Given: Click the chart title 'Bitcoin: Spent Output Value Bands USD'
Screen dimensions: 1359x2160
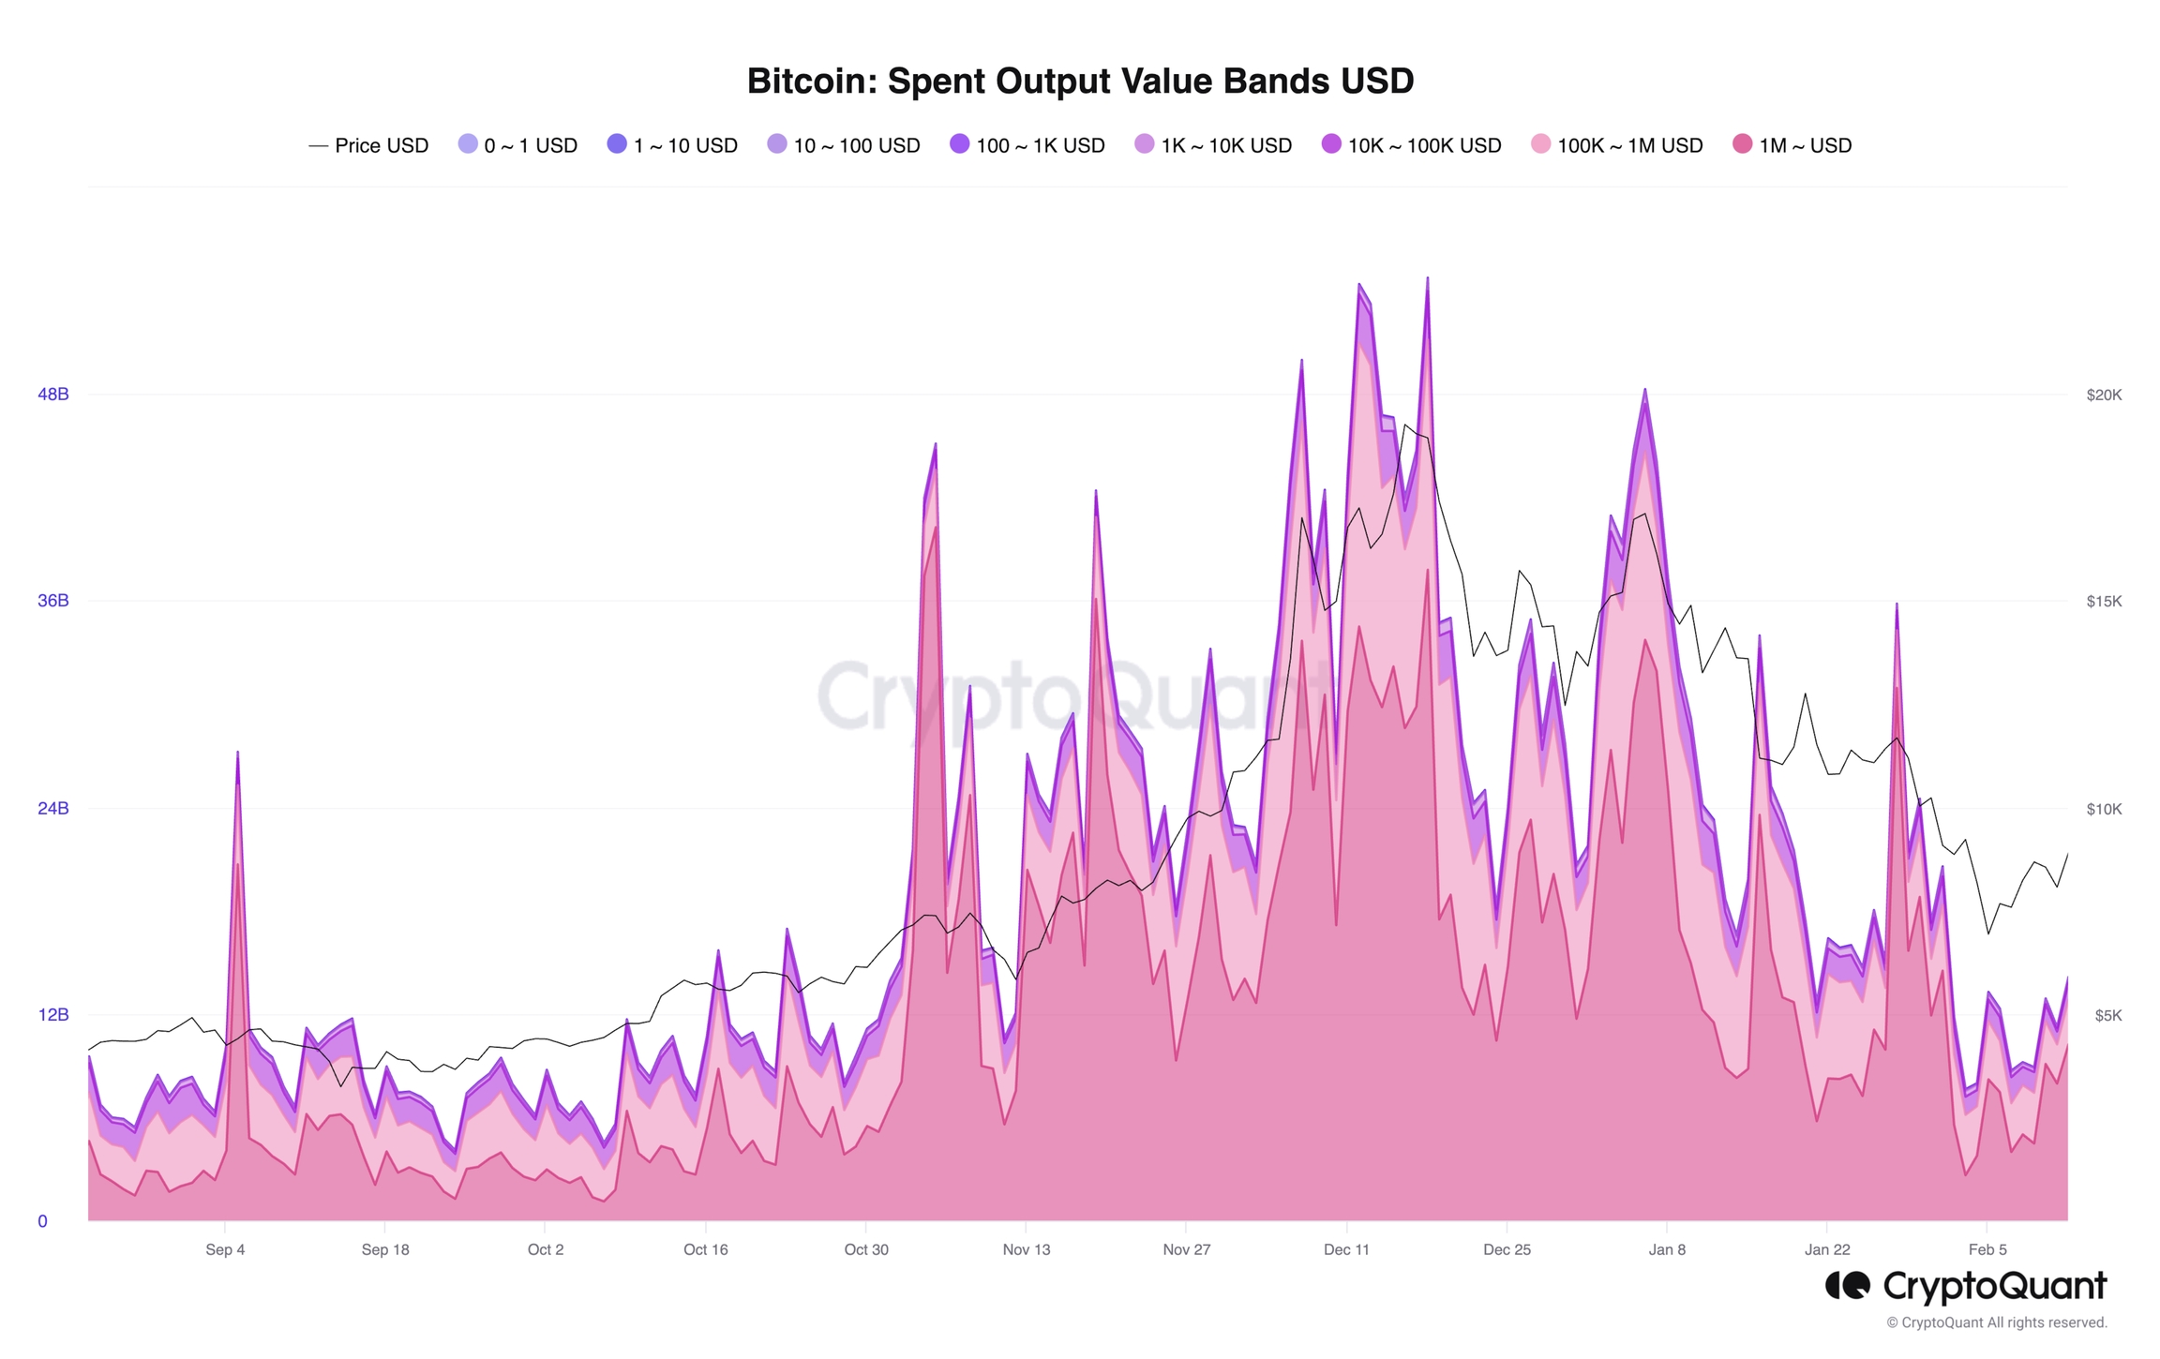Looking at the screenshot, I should point(1079,82).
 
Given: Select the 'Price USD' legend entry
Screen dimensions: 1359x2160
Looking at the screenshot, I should point(368,145).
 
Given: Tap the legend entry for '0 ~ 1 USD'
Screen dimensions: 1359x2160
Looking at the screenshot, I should point(517,145).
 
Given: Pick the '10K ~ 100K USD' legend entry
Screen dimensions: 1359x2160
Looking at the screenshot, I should point(1411,145).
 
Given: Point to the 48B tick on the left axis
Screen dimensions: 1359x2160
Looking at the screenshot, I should point(53,395).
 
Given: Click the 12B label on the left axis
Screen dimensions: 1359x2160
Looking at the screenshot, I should point(53,1015).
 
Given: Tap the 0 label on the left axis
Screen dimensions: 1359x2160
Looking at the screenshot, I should point(42,1221).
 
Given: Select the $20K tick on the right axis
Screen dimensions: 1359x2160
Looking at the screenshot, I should point(2104,396).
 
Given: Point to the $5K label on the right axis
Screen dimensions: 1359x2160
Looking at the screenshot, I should point(2107,1016).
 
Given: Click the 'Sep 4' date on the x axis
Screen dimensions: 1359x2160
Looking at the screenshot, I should point(225,1249).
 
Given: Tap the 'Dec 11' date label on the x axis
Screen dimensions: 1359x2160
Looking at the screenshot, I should point(1346,1249).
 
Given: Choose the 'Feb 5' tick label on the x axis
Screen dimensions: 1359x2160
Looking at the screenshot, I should point(1987,1249).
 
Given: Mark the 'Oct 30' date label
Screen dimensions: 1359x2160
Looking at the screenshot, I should point(866,1249).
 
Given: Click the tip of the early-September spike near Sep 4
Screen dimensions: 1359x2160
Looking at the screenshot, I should point(238,753).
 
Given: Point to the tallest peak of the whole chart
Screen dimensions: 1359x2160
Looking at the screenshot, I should point(1428,277).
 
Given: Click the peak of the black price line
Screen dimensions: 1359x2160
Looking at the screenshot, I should point(1405,426).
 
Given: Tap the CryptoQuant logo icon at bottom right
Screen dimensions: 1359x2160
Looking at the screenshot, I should point(1847,1286).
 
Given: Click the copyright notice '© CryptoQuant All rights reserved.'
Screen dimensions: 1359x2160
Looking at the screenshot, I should point(1997,1322).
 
